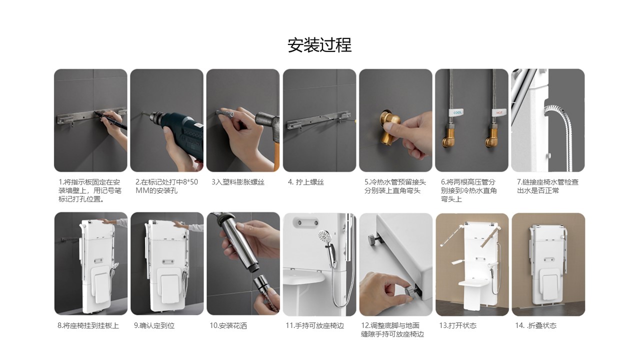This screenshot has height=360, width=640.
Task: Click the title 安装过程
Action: point(319,45)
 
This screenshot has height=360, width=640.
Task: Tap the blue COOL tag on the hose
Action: point(456,112)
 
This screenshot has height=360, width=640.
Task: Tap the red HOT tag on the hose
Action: point(499,112)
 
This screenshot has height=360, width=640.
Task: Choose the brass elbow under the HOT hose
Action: point(492,137)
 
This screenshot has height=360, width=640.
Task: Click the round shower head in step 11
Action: point(324,236)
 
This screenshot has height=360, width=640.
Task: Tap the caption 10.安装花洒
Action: point(228,325)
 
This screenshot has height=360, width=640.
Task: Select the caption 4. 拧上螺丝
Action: point(305,182)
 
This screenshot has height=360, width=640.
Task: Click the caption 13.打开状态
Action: point(457,325)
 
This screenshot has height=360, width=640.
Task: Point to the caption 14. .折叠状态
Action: point(535,325)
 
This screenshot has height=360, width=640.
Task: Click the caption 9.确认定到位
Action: point(154,325)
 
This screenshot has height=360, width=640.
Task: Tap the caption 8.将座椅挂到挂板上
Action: point(88,325)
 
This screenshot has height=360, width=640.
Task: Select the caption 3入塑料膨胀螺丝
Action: point(238,182)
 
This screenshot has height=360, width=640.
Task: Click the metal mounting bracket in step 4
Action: point(319,121)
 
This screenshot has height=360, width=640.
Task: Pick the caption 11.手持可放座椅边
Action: point(315,325)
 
